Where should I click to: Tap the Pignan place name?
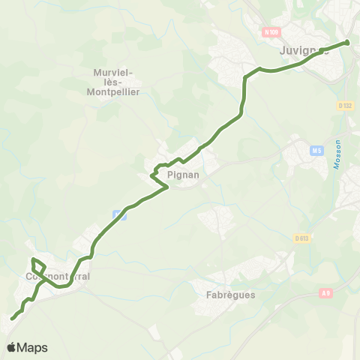183,174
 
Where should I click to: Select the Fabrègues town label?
230,295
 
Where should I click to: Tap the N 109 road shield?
271,32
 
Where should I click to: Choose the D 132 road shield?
344,106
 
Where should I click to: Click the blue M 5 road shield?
316,151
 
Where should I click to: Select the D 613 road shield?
301,238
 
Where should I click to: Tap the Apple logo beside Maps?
11,347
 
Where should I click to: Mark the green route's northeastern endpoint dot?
347,43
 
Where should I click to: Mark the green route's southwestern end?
12,319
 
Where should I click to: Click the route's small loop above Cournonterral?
38,266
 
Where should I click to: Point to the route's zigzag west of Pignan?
157,174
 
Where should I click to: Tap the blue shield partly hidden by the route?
118,214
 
